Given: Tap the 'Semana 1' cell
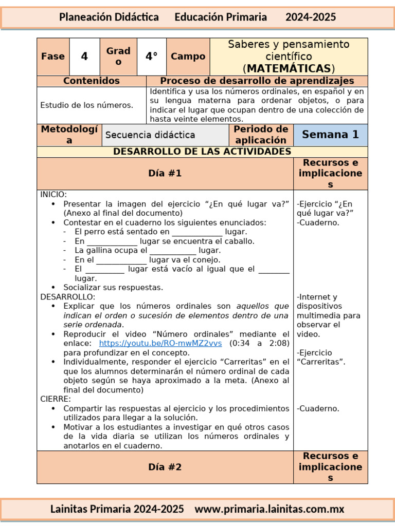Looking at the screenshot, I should tap(330, 135).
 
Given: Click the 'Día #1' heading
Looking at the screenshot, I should tap(165, 174).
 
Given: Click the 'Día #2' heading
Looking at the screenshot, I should tap(165, 467).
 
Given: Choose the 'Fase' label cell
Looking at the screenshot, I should tap(53, 57).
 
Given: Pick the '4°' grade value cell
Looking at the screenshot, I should tap(151, 57).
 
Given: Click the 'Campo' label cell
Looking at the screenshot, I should tap(188, 57).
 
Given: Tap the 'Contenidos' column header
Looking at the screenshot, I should tap(92, 81).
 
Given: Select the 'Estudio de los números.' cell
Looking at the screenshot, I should tap(87, 105).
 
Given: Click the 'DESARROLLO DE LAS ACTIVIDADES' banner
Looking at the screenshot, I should tap(202, 152).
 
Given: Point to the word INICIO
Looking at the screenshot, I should tap(53, 195).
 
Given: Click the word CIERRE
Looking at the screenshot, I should tap(56, 399).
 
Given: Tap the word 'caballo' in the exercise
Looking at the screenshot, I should tap(240, 241).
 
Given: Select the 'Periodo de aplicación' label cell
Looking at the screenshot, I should tap(260, 135).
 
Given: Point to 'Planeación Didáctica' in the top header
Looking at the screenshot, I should tap(109, 17).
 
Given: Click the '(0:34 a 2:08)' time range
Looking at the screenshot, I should tap(259, 343).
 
